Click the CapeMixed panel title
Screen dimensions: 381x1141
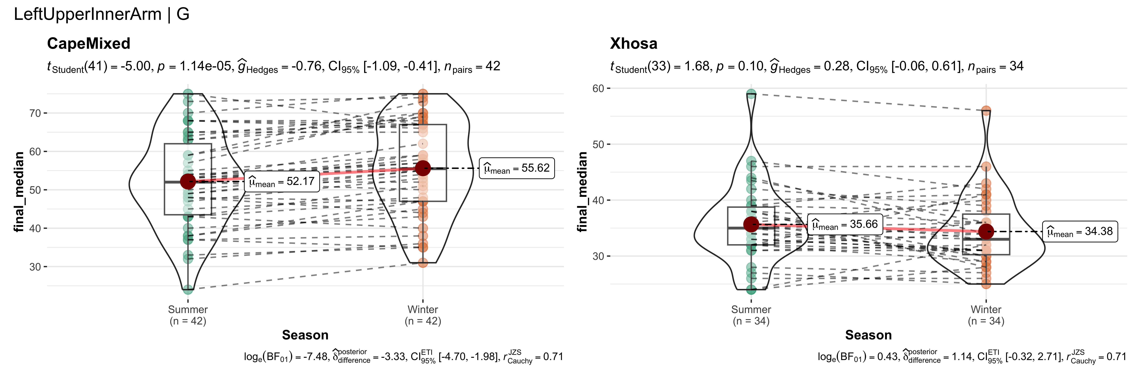point(89,43)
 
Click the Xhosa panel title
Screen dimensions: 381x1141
point(633,43)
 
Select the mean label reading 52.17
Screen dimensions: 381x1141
point(282,181)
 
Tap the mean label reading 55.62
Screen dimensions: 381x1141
point(516,168)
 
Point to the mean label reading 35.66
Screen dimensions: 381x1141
point(845,224)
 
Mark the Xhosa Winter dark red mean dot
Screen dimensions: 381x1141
point(986,231)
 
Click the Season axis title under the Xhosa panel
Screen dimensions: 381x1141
point(868,335)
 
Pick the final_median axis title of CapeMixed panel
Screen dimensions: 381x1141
point(19,192)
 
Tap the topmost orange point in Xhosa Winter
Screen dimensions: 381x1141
point(986,110)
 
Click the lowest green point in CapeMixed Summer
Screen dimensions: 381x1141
point(188,289)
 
